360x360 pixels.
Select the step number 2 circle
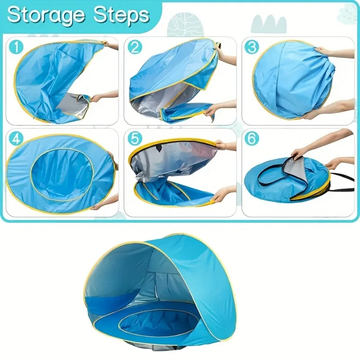point(135,47)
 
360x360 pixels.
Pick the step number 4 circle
point(17,139)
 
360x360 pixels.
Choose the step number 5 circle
point(135,139)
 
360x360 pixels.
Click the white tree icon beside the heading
point(185,25)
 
